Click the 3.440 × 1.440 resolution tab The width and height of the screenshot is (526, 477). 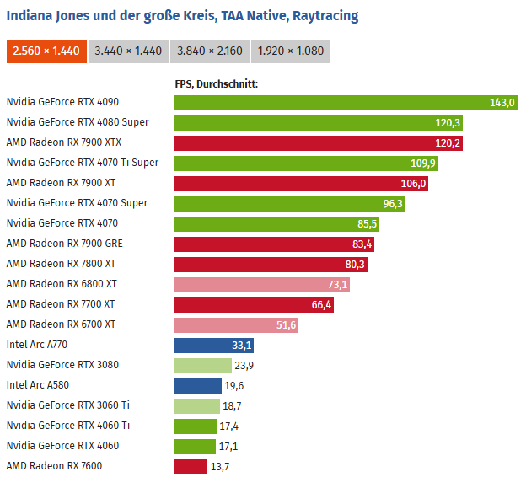(128, 51)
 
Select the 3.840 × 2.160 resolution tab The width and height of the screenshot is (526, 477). (210, 51)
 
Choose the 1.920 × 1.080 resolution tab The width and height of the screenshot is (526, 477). (290, 51)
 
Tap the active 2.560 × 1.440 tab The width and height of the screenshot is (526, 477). (46, 51)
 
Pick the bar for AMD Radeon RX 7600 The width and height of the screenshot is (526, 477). (191, 467)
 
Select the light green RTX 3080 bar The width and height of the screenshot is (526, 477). (202, 366)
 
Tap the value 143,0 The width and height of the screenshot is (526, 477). (502, 103)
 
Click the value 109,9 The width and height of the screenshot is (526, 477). (423, 163)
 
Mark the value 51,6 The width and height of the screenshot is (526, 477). (310, 325)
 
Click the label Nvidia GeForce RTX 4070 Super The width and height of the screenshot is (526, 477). (77, 203)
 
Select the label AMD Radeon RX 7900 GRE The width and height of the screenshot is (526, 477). (64, 244)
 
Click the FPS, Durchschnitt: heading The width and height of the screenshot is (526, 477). (216, 83)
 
